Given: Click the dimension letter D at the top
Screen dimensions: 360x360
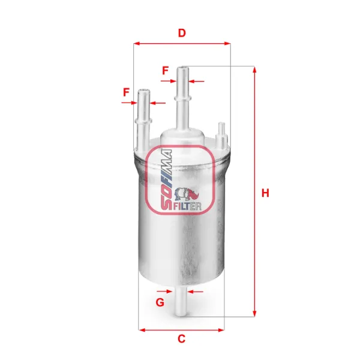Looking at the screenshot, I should coord(181,33).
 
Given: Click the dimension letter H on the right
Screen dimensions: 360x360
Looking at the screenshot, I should coord(265,193).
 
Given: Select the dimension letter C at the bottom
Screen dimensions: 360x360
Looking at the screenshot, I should coord(181,340).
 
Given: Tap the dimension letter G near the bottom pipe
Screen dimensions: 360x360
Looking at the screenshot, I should coord(160,302).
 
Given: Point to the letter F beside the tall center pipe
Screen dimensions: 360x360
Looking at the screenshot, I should coord(165,70).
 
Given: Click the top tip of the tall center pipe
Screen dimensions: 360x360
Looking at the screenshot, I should coord(182,68).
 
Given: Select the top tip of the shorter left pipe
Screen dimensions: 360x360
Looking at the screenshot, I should coord(144,91).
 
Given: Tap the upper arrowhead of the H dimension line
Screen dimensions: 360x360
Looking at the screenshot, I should coord(254,70).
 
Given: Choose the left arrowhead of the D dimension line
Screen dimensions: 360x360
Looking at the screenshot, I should coord(136,43).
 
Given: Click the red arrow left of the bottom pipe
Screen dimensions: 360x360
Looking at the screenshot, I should coord(171,292).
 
